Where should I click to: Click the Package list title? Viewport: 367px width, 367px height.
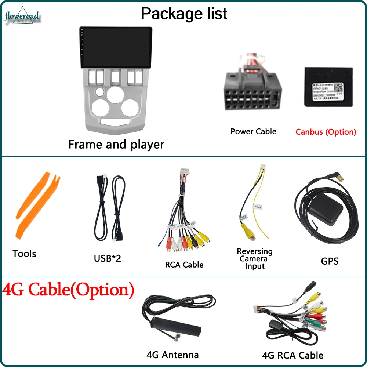(x=184, y=14)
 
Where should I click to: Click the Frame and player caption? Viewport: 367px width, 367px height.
(x=116, y=144)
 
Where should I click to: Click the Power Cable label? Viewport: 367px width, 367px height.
(x=253, y=131)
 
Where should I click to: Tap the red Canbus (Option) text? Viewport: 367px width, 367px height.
(x=326, y=132)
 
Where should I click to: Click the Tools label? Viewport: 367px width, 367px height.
(x=24, y=254)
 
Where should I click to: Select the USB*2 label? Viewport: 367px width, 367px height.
(x=107, y=258)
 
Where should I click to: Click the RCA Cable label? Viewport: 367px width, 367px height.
(x=184, y=265)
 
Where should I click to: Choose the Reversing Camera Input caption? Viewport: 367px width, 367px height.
(x=255, y=259)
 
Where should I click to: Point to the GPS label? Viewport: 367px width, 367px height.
(x=329, y=261)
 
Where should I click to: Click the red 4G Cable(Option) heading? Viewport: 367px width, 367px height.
(x=68, y=290)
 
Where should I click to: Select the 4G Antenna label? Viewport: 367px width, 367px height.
(x=172, y=355)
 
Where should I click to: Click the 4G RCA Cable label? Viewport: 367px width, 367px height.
(x=292, y=355)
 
